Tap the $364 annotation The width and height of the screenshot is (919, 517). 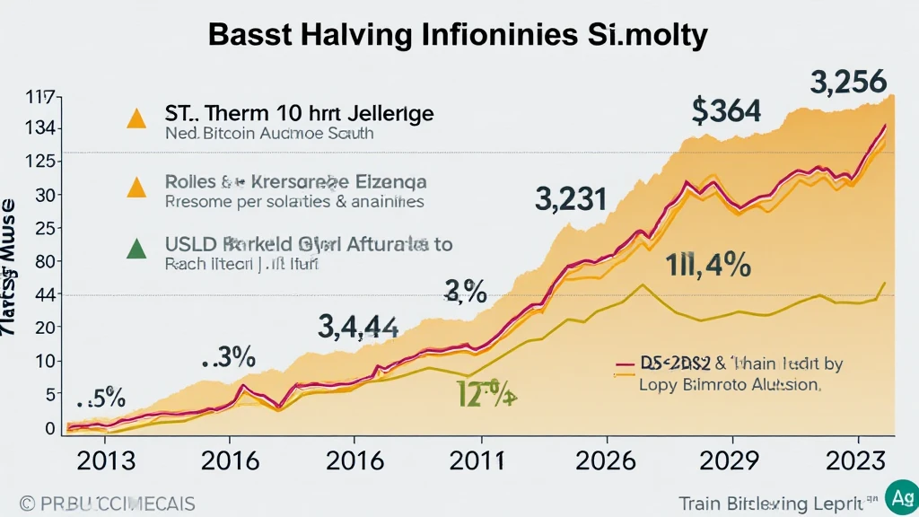point(726,110)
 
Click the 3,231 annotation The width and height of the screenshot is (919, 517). point(571,198)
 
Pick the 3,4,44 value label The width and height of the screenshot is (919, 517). point(358,327)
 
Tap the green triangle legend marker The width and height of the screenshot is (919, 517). point(136,249)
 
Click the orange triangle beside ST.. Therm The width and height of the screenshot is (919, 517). point(136,118)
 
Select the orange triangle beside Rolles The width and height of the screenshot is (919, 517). point(136,185)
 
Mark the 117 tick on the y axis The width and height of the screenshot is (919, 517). point(42,97)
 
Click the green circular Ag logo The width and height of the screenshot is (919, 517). point(899,497)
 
